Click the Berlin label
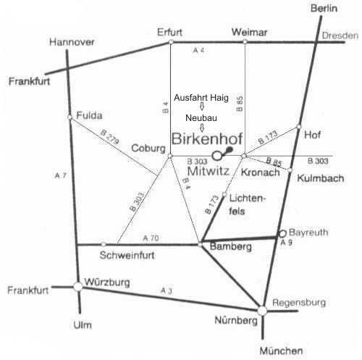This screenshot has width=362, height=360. [324, 9]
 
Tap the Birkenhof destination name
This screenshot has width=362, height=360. [207, 139]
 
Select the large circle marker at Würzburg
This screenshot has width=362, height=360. [78, 287]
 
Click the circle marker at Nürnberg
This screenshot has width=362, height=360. [262, 311]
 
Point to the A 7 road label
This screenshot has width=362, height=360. [60, 175]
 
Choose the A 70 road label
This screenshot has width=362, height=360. [151, 238]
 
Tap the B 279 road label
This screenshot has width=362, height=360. [109, 137]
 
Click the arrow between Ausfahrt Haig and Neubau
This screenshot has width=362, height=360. [202, 106]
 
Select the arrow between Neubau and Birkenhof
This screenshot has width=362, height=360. [202, 127]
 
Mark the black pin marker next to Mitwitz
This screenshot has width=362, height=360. [228, 151]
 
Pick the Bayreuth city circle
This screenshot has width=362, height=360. [282, 233]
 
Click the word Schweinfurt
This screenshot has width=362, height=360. [127, 256]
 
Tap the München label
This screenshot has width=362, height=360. [281, 351]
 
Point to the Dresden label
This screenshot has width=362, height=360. [340, 35]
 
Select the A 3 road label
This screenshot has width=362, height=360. [167, 290]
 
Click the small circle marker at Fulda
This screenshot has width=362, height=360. [70, 117]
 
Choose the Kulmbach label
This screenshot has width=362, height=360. [321, 178]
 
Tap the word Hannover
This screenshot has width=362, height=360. [72, 42]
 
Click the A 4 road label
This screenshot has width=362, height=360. [198, 50]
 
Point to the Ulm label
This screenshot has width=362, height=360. [83, 325]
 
